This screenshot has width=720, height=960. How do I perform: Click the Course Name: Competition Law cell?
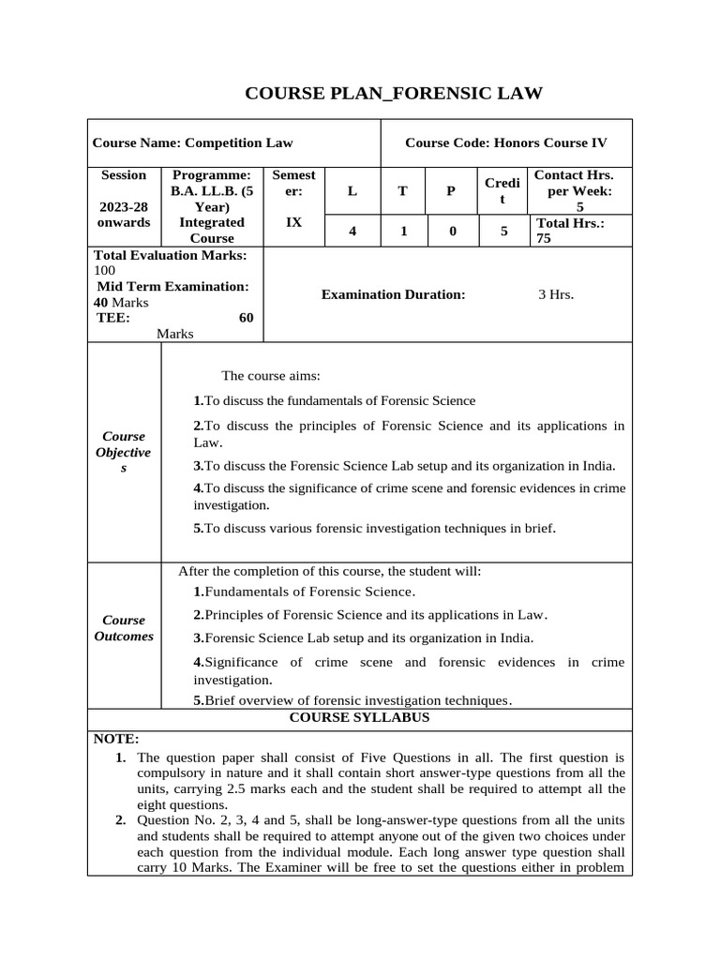pos(192,142)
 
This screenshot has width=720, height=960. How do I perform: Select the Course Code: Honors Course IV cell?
pos(505,142)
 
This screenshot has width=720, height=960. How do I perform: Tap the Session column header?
pos(124,175)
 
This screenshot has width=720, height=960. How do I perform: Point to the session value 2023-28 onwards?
pos(124,214)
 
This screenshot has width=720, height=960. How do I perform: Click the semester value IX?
pos(293,222)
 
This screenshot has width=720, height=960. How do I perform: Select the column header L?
pos(352,191)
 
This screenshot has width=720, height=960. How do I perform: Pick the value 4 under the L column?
pos(352,231)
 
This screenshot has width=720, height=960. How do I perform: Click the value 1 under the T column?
pos(402,231)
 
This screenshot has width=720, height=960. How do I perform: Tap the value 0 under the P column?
pos(452,231)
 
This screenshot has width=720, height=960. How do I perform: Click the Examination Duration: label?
pos(393,294)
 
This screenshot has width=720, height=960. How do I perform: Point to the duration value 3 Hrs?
pos(556,294)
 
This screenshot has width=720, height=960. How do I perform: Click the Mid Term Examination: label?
pos(172,286)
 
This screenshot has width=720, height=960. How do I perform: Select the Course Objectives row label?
pos(124,452)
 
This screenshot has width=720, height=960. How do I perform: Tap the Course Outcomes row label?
pos(124,628)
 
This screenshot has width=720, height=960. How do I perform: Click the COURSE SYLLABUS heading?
pos(359,717)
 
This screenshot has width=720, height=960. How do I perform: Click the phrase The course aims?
pos(271,376)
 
